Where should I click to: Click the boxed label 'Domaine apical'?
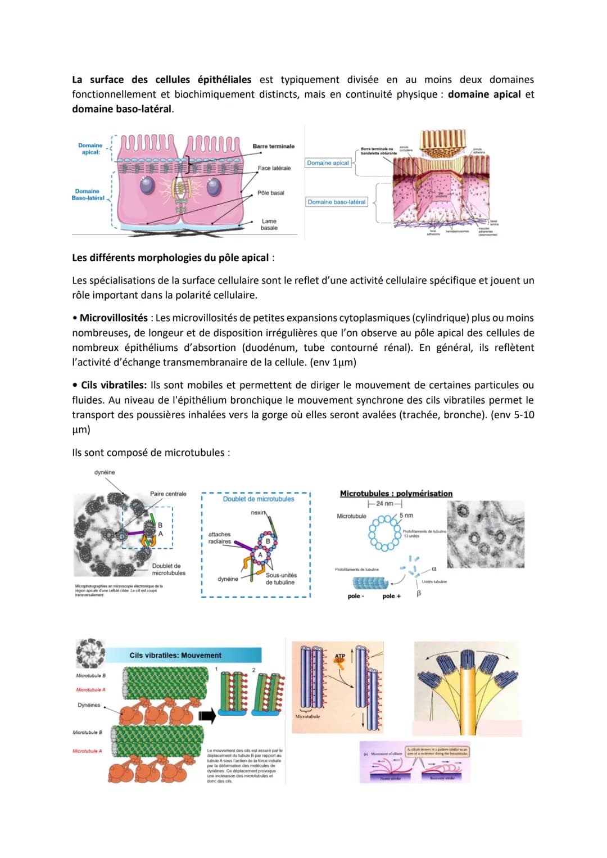click(328, 163)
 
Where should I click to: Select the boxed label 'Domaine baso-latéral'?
click(337, 202)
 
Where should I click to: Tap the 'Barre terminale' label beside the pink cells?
click(273, 146)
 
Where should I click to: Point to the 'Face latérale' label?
click(274, 168)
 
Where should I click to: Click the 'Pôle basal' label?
click(271, 193)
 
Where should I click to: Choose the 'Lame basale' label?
click(269, 224)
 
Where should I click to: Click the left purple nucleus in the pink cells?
click(148, 186)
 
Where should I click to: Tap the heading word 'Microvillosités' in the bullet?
click(114, 318)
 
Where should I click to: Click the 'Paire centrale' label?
click(168, 494)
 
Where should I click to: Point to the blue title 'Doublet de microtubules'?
click(259, 499)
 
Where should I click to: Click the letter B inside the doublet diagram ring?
click(268, 541)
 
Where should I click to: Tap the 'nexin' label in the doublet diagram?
click(259, 513)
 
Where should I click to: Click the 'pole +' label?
click(391, 596)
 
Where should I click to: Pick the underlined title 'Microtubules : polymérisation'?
click(396, 493)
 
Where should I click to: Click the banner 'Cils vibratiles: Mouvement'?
click(175, 655)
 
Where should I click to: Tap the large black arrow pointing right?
click(207, 716)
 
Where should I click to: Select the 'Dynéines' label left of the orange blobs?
click(89, 705)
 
